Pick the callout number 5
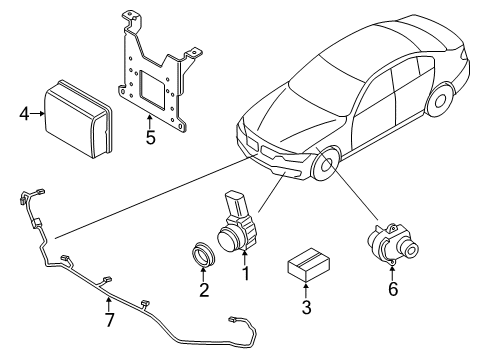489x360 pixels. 149,138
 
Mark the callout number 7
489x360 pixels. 110,321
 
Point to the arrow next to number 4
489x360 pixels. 39,113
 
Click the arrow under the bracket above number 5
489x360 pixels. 149,122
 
